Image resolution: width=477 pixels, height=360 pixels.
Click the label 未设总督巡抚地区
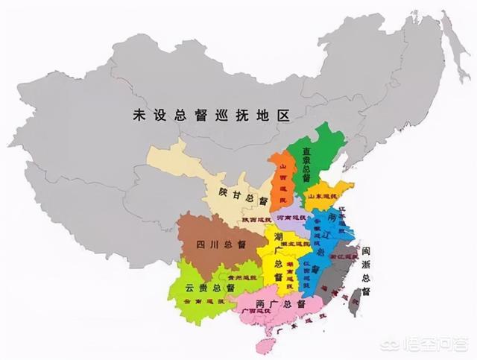pos(211,116)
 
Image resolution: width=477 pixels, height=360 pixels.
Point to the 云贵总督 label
pos(210,288)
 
